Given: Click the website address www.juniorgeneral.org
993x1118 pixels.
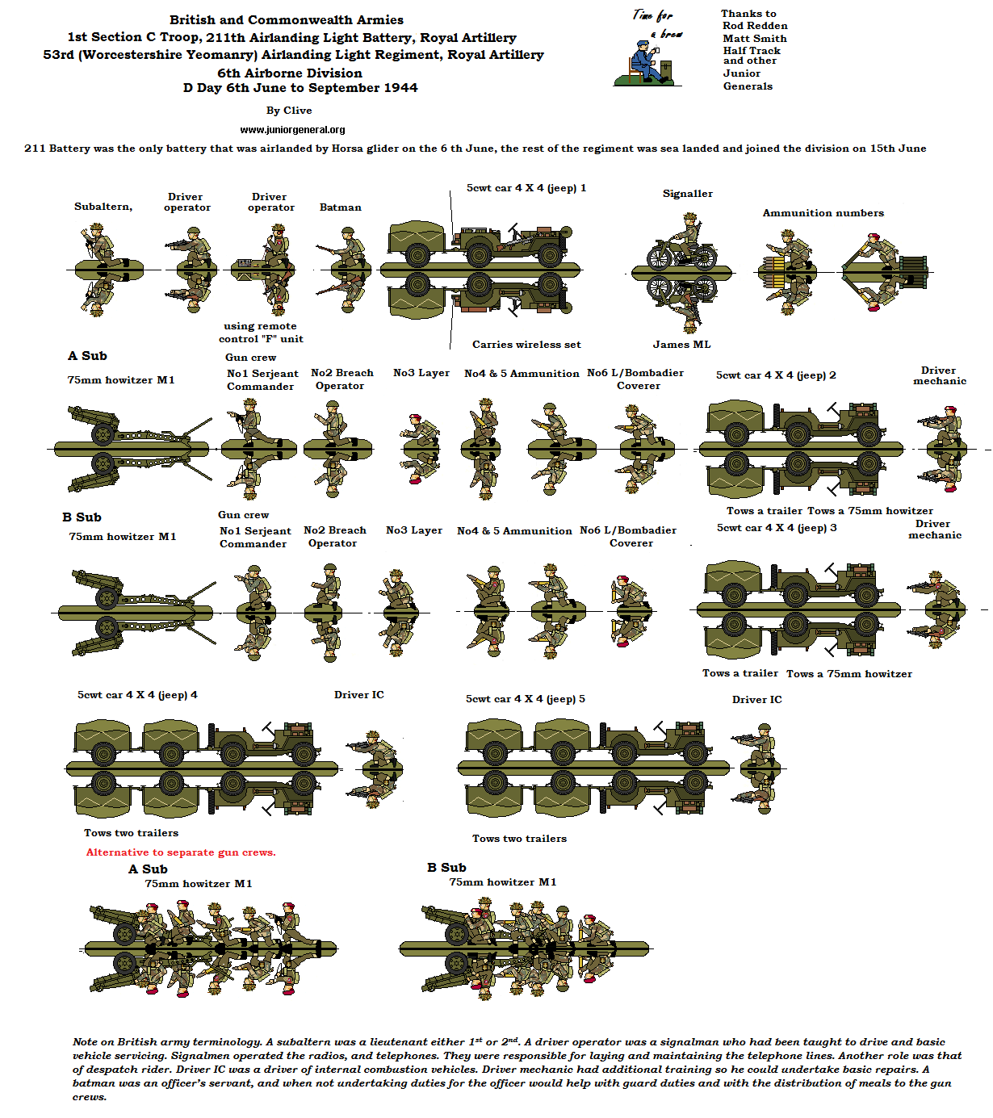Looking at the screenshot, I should [x=292, y=129].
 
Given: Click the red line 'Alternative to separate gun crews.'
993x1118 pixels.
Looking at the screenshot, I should [x=181, y=852].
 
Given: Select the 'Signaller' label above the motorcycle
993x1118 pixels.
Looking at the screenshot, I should [x=688, y=194].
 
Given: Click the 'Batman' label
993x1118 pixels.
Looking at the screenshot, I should [x=341, y=207].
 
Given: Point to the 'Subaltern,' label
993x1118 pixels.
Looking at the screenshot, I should [x=103, y=207].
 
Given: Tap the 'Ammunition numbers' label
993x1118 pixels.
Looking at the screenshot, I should [x=823, y=213].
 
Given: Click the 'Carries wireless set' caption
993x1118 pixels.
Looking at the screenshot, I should [x=526, y=345].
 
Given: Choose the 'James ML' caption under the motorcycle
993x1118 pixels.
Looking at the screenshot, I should [x=682, y=345].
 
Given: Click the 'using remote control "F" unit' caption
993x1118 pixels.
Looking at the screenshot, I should [x=261, y=333].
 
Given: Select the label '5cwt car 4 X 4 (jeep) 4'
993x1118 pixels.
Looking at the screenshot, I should [x=137, y=695].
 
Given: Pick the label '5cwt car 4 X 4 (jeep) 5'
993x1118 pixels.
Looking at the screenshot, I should [x=526, y=699].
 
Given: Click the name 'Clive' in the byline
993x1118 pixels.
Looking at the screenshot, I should [x=298, y=111].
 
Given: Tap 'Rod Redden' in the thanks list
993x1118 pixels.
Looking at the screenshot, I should [x=755, y=26].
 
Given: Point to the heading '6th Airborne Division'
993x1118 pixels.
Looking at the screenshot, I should [x=290, y=73].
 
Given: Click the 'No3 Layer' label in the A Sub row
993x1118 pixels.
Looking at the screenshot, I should [x=421, y=373].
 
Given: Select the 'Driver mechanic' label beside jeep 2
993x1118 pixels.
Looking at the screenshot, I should [x=939, y=375].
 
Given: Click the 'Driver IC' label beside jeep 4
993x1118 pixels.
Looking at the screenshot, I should [x=359, y=695].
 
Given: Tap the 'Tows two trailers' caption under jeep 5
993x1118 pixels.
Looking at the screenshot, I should [x=519, y=839].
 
